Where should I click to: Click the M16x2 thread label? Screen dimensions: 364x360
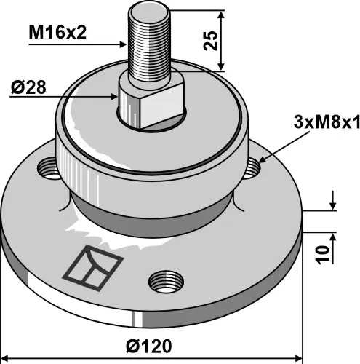coord(58,32)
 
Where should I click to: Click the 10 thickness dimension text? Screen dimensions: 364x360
coord(321,253)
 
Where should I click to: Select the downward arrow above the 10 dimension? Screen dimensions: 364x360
coord(332,207)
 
